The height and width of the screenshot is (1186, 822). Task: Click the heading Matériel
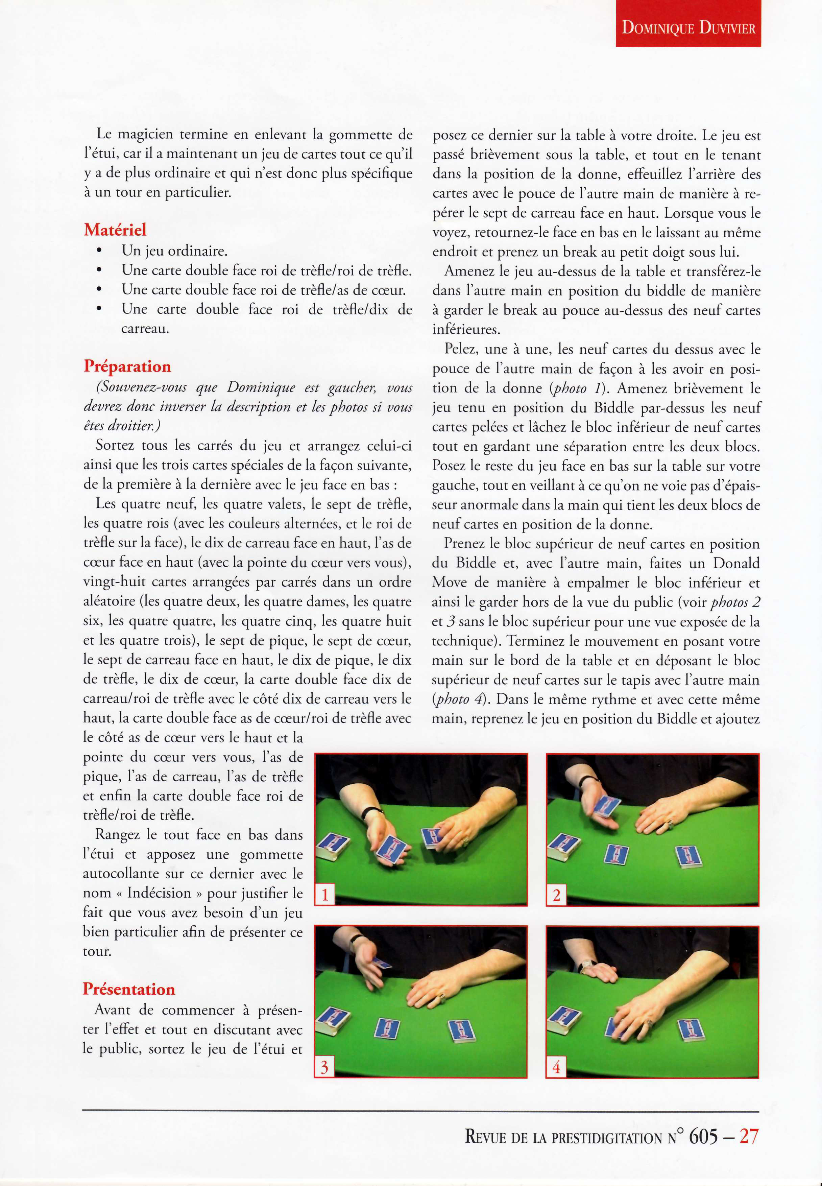[115, 229]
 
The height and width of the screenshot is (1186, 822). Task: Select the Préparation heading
[127, 366]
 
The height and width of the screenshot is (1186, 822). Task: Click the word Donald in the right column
[735, 563]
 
